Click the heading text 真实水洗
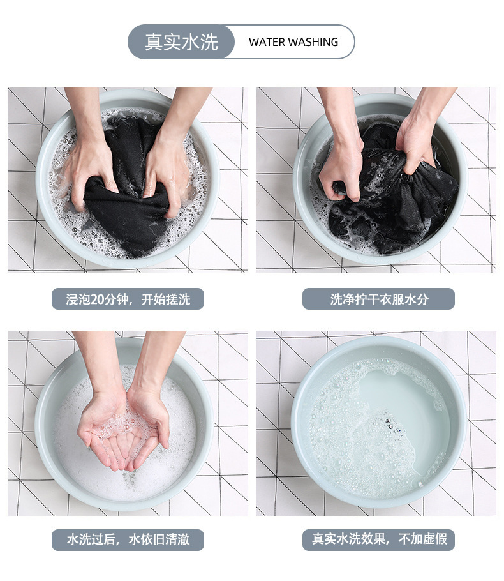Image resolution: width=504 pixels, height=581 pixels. [x=181, y=42]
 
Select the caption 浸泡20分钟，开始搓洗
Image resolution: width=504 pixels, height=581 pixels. [x=128, y=299]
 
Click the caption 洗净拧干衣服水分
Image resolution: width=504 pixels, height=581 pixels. [x=379, y=299]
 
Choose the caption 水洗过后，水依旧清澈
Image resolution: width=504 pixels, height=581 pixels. [x=128, y=539]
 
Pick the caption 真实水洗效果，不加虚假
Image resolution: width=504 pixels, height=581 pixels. [x=379, y=539]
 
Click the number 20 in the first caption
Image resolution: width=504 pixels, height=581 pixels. [x=97, y=299]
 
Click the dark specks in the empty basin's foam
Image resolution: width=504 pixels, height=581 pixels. [x=392, y=425]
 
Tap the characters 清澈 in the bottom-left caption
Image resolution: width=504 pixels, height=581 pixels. [x=178, y=539]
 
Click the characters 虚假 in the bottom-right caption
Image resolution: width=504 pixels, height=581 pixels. [x=435, y=539]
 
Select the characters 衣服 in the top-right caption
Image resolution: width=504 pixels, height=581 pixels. [x=392, y=299]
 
